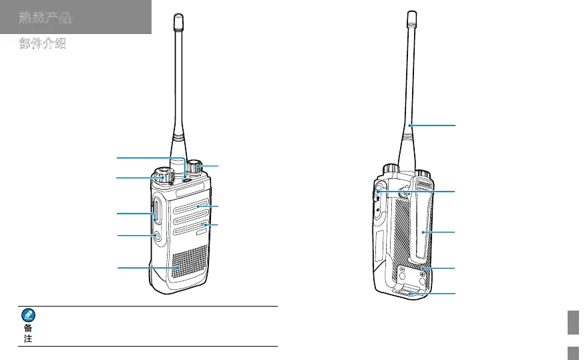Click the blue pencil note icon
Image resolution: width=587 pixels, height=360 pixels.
pos(29,315)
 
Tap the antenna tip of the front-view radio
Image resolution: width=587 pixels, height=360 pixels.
pos(178,23)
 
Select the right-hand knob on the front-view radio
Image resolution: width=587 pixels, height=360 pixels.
pos(195,166)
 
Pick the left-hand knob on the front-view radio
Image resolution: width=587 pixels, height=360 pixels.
pos(162,176)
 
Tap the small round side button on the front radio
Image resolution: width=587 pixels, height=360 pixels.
pos(156,236)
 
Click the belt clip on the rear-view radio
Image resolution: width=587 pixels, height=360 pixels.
pos(423,230)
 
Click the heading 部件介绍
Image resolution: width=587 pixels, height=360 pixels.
pos(43,45)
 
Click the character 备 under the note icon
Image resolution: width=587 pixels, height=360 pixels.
pos(29,329)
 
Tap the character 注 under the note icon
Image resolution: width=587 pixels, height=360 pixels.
pos(29,339)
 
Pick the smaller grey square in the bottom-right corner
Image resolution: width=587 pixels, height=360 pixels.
pos(572,353)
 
